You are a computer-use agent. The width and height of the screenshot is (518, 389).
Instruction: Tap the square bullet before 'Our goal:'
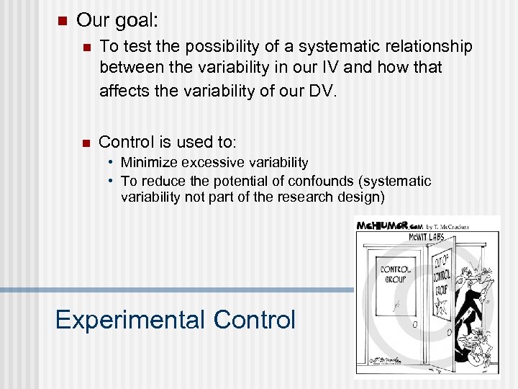point(61,20)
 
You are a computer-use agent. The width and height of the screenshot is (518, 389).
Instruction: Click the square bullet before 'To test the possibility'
point(86,48)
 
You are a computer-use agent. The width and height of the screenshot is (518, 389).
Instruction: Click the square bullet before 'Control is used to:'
point(86,141)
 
